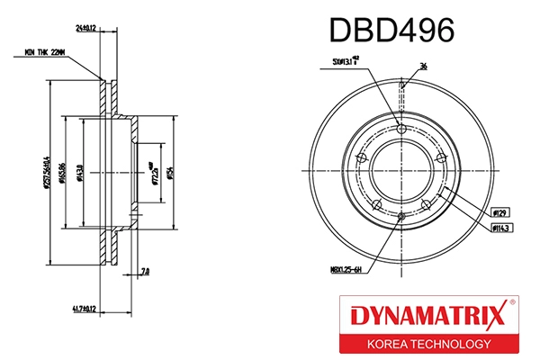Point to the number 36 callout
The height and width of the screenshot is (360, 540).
coord(424,67)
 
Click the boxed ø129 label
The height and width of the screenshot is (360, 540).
coord(499,211)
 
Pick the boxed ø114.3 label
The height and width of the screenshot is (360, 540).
coord(502,229)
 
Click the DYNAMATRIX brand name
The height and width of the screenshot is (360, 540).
coord(422,317)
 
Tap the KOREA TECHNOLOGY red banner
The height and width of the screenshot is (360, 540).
coord(427,344)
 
